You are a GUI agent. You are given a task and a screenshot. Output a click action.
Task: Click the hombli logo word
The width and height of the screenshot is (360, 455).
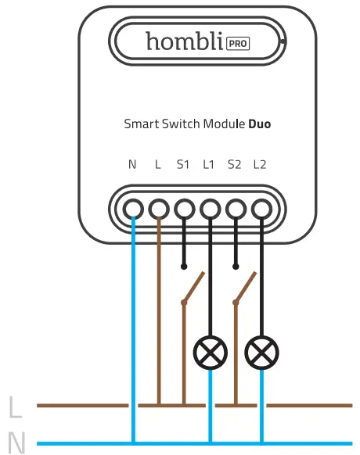point(183,41)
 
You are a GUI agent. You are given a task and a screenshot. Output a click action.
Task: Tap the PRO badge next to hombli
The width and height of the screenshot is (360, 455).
point(237,44)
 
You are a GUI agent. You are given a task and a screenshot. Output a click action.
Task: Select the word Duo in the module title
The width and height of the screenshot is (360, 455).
point(260,124)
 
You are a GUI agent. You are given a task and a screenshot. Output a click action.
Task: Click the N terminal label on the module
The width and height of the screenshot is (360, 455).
point(132,164)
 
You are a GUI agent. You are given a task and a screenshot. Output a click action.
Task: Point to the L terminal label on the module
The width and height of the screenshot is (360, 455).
point(158,164)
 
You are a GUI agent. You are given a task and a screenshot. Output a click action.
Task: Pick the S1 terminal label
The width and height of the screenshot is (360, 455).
point(183,164)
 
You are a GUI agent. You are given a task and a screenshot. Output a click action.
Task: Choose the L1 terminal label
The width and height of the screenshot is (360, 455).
point(209,164)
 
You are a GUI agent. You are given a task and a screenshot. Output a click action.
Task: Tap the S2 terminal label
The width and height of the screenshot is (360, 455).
point(234,164)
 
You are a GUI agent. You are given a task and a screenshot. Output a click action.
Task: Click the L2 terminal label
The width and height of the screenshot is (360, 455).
point(260,164)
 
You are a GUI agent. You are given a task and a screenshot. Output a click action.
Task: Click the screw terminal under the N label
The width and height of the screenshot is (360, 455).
point(133,208)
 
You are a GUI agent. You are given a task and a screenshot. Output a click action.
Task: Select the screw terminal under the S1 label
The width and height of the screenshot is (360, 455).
point(184,208)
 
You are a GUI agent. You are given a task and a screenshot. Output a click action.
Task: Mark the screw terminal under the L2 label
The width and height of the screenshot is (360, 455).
point(261,208)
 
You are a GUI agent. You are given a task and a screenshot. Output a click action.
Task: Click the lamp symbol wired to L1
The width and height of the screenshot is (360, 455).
point(210,354)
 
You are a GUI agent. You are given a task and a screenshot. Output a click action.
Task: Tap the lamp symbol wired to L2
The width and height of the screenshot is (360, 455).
point(261,354)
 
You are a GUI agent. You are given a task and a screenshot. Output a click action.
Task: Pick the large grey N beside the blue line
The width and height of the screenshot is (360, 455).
point(16,443)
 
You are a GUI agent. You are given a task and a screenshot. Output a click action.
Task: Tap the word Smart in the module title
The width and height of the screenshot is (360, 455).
point(139,124)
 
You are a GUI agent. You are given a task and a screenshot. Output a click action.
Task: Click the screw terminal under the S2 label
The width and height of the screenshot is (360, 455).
point(235,208)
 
